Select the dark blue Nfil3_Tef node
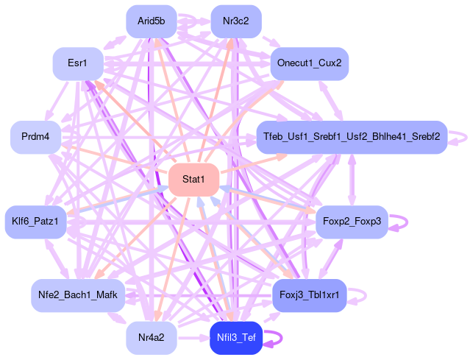click(x=236, y=338)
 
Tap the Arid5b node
click(x=152, y=21)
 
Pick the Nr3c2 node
click(x=236, y=21)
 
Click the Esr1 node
click(x=77, y=63)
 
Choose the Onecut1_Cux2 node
click(x=309, y=63)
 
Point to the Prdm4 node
click(x=35, y=137)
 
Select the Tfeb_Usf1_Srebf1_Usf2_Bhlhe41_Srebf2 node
click(x=352, y=137)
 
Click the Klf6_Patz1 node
click(x=35, y=221)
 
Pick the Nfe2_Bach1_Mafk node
click(x=77, y=295)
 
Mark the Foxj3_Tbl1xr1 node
click(x=309, y=295)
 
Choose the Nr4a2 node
click(x=152, y=338)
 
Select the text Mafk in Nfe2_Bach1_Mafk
click(x=106, y=295)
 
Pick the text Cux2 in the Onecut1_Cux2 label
click(x=330, y=63)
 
